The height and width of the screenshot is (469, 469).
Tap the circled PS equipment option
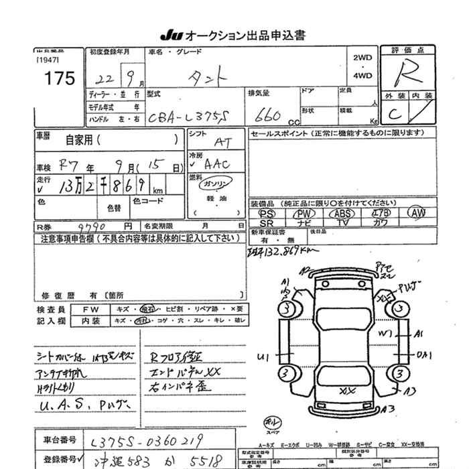click(x=267, y=213)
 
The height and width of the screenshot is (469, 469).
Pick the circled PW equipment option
click(x=304, y=213)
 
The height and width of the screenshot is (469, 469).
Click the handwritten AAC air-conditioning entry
click(x=216, y=163)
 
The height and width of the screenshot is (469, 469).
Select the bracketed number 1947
click(x=48, y=59)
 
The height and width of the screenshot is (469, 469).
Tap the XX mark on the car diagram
click(x=347, y=391)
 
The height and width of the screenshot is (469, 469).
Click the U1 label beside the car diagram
click(x=263, y=356)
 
